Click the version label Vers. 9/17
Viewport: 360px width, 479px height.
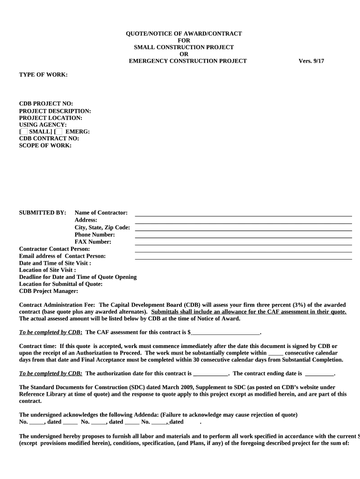(311, 61)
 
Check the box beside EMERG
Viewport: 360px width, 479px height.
(58, 132)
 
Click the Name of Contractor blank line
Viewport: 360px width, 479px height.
(243, 215)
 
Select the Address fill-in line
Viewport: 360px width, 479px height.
(243, 223)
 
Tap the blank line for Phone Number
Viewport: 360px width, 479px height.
(243, 237)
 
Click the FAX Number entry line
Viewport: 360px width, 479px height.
(243, 244)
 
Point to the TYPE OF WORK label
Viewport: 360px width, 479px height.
(43, 75)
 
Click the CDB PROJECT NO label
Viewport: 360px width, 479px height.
(46, 104)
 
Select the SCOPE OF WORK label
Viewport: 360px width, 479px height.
(45, 145)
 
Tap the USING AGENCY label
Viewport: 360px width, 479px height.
(43, 125)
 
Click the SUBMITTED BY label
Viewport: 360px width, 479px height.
(43, 213)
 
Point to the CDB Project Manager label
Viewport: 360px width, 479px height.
(48, 291)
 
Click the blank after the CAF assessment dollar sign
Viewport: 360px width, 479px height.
(225, 333)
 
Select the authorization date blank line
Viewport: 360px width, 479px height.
(210, 374)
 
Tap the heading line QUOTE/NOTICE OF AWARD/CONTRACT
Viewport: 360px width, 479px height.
(184, 34)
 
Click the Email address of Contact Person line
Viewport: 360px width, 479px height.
(243, 258)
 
